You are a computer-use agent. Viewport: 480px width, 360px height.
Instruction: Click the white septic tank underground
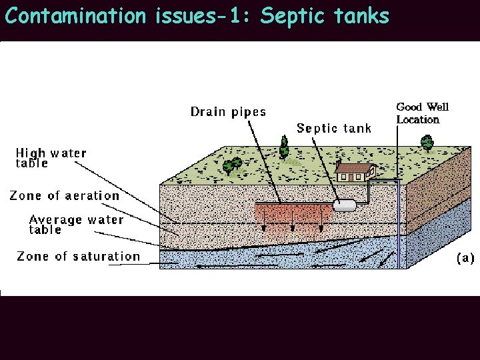pos(344,205)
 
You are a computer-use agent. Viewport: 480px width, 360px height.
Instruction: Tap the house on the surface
pos(354,173)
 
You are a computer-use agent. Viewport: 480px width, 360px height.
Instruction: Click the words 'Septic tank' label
pos(333,128)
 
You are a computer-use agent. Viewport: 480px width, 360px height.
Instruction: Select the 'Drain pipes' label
pos(228,111)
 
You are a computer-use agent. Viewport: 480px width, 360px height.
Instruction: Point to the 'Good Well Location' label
pos(422,113)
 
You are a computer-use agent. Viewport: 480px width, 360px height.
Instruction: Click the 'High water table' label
pos(51,158)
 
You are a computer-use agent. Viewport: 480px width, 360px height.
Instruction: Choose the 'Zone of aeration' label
pos(64,195)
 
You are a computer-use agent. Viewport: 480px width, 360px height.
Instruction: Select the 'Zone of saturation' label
pos(78,256)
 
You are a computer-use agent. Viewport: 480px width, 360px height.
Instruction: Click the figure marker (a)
pos(465,258)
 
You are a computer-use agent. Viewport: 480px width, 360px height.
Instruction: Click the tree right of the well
pos(427,143)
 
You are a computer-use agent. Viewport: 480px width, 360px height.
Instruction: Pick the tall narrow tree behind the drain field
pos(284,147)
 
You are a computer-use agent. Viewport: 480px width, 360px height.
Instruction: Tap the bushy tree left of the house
pos(232,165)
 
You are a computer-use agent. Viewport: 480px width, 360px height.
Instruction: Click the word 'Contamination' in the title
pos(75,15)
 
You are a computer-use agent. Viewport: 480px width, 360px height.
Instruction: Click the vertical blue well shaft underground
pos(399,227)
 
